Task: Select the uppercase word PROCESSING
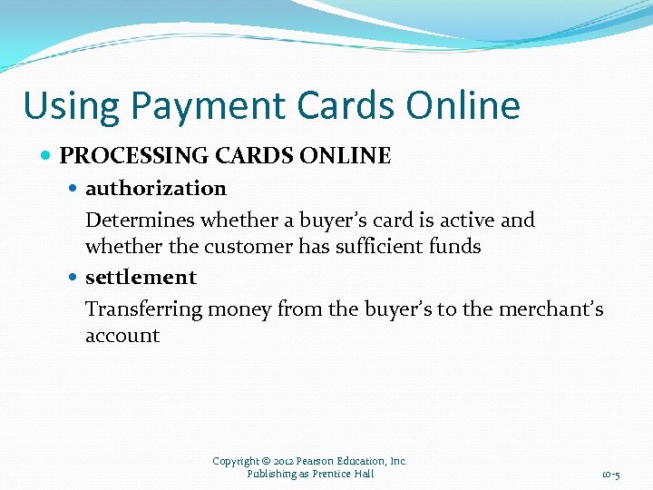[135, 156]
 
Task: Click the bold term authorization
[155, 189]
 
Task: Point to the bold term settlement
[141, 277]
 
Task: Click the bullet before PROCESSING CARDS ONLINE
[46, 156]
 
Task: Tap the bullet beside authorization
[73, 189]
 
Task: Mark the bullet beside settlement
[73, 277]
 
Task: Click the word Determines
[140, 220]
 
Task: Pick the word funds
[455, 246]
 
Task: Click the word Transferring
[143, 309]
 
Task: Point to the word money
[239, 309]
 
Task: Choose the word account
[122, 335]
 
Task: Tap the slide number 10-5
[610, 475]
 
